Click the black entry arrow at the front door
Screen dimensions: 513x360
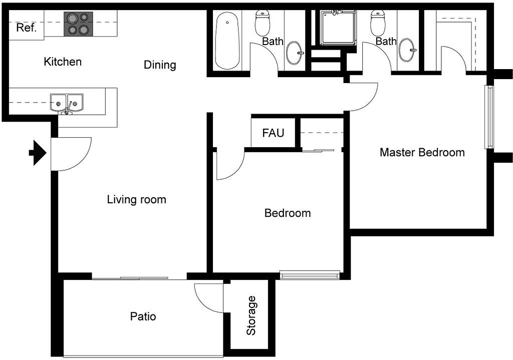38,153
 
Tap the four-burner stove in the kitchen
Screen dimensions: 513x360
78,24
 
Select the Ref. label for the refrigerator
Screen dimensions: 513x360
26,28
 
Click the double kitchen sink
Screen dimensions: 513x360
67,104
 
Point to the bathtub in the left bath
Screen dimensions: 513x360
227,41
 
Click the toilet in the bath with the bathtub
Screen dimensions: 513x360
262,23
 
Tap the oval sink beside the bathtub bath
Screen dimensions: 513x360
295,53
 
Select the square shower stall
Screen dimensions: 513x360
338,28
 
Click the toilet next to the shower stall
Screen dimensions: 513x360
378,23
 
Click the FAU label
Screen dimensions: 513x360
273,133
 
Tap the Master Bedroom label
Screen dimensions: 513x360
422,152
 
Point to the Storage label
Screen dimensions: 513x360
251,315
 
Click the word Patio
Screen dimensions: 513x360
143,316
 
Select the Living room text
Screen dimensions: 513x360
136,199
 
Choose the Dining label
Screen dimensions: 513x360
160,65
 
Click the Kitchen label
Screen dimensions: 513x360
63,62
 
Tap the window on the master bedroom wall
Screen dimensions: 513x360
489,117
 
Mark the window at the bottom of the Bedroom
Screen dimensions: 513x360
310,275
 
